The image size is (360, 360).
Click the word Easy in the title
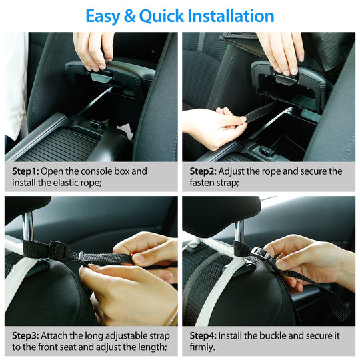(x=107, y=15)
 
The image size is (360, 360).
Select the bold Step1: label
(x=26, y=171)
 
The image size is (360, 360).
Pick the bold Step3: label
(x=26, y=335)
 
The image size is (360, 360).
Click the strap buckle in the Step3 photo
(x=59, y=251)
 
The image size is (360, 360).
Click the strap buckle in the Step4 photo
(x=260, y=254)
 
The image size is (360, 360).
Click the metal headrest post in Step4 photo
(x=239, y=231)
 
